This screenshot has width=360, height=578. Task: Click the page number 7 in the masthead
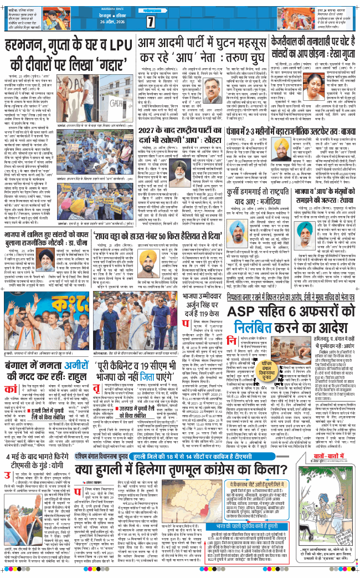[150, 22]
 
